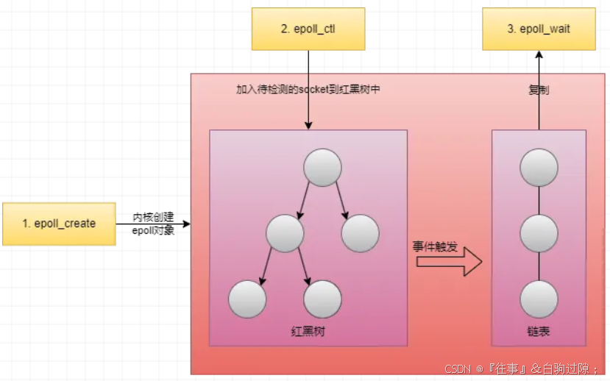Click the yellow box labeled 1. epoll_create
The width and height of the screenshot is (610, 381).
point(59,224)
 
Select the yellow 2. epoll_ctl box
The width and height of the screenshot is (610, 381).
point(308,29)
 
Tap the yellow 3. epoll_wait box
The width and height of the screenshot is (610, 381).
point(539,29)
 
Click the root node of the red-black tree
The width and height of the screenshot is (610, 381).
point(322,168)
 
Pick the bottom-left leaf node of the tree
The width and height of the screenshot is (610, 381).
point(247,299)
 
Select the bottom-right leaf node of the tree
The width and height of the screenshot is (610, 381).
point(322,299)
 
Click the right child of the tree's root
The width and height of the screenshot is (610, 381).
point(360,233)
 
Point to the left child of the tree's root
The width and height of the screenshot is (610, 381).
point(285,233)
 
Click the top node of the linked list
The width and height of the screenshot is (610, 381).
point(539,168)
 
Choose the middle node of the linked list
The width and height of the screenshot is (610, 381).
point(539,234)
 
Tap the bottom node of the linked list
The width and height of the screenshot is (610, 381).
point(539,299)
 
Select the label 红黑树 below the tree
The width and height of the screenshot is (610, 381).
point(308,331)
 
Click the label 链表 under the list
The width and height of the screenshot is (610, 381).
point(539,331)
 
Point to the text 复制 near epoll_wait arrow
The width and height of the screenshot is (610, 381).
point(539,90)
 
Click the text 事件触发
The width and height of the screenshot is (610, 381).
point(435,246)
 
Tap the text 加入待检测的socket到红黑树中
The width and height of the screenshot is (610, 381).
point(308,89)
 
